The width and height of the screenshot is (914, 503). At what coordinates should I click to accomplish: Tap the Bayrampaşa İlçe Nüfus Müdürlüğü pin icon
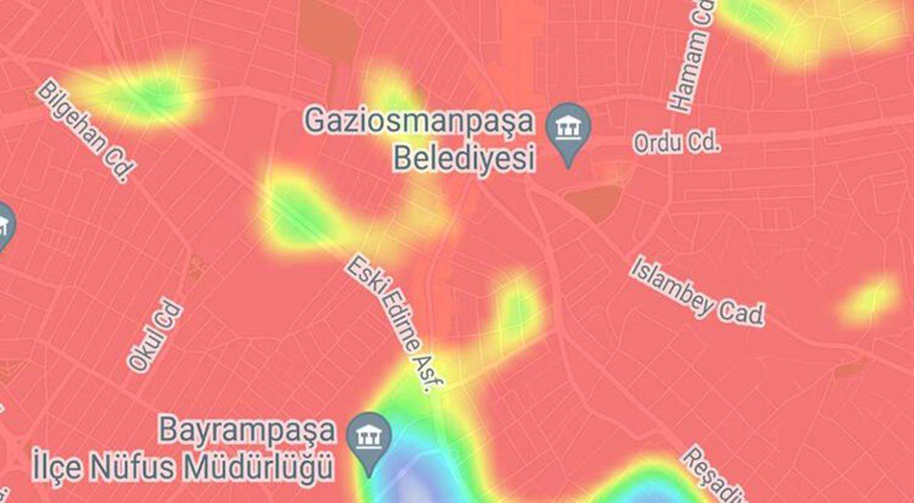click(x=368, y=438)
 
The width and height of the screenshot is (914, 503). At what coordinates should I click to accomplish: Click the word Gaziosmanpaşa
click(x=418, y=121)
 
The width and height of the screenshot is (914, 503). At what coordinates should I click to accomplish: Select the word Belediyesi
click(x=463, y=158)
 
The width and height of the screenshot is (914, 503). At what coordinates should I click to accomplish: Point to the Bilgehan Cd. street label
click(x=86, y=131)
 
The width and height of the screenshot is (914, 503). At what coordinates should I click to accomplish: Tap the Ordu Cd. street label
click(x=676, y=143)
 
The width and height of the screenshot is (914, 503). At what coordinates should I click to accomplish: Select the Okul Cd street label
click(x=154, y=336)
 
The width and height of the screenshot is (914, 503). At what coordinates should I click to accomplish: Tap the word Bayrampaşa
click(x=246, y=431)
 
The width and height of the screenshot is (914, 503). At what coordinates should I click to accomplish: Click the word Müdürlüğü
click(x=258, y=468)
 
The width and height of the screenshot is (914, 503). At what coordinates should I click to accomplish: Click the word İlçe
click(x=58, y=468)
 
